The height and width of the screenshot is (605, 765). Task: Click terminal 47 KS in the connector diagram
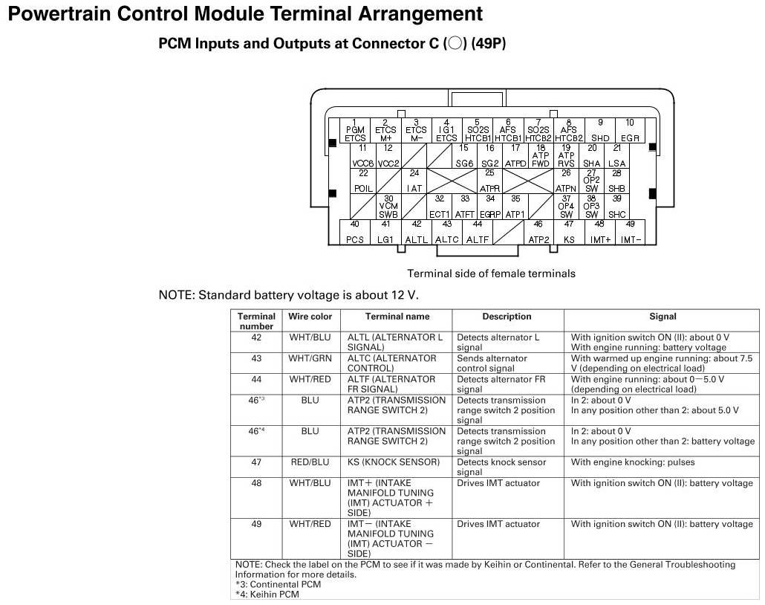coord(569,232)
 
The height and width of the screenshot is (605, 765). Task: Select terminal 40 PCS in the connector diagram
coord(355,232)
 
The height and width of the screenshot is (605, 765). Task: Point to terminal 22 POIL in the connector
coord(363,181)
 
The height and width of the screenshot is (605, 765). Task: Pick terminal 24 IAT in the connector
coord(414,181)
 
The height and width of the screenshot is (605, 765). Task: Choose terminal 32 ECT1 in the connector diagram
coord(440,207)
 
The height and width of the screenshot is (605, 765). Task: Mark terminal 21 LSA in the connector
coord(616,156)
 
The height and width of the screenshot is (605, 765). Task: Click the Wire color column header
coord(310,317)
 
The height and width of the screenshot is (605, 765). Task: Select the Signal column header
coord(662,317)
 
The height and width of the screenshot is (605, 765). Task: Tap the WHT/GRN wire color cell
coord(310,358)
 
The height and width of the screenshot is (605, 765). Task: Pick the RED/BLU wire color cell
coord(310,462)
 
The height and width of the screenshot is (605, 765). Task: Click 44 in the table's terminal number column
coord(256,379)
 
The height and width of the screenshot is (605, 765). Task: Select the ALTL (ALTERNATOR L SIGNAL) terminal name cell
coord(394,342)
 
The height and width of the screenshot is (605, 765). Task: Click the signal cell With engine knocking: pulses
coord(632,462)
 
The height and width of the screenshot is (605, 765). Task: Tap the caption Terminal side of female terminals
coord(491,274)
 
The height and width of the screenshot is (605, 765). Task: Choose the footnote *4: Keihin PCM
coord(267,595)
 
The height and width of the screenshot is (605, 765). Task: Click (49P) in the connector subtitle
coord(488,44)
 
